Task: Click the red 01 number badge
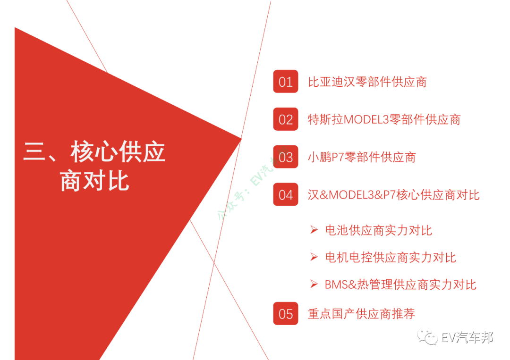click(x=285, y=82)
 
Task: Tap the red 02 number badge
click(x=285, y=119)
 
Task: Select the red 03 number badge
click(x=285, y=157)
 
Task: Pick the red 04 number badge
click(x=285, y=194)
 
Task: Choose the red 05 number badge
click(x=285, y=314)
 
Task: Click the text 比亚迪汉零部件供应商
click(x=367, y=82)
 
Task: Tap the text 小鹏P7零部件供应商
click(x=362, y=157)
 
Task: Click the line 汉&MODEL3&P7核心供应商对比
click(x=393, y=195)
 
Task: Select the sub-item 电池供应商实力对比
click(x=378, y=231)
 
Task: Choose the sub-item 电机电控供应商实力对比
click(x=390, y=258)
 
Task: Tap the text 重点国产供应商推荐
click(x=361, y=314)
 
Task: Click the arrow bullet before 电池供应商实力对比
click(x=314, y=230)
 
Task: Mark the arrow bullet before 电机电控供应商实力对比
click(x=314, y=257)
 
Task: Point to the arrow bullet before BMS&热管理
click(x=314, y=284)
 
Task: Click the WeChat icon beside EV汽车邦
click(x=430, y=338)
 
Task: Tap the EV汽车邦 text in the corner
click(x=467, y=338)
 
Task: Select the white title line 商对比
click(x=94, y=181)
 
